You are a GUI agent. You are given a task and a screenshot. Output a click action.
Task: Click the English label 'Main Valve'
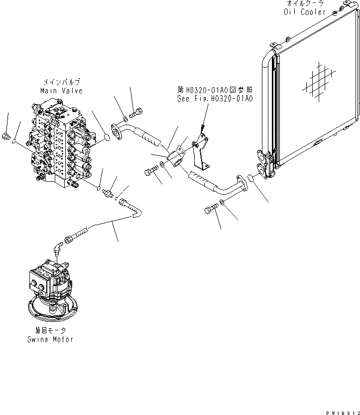click(61, 91)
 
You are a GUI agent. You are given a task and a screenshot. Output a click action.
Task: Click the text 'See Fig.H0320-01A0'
click(215, 99)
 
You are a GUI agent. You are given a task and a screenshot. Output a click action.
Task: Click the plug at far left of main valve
click(6, 136)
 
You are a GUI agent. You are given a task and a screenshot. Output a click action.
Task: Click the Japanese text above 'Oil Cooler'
click(305, 3)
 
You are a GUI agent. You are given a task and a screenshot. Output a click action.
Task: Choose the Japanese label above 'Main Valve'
click(61, 83)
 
